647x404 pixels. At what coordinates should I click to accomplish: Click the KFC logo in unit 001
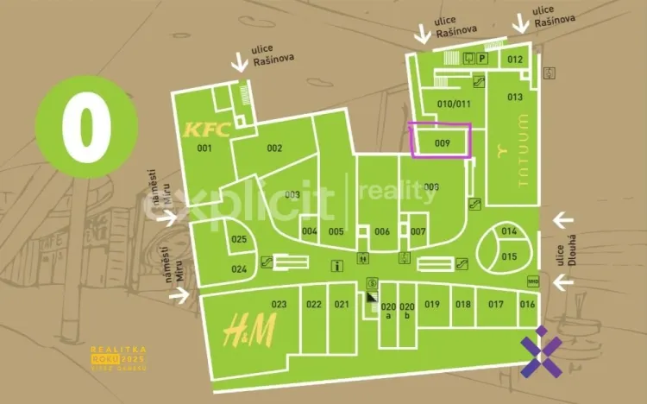pyautogui.click(x=206, y=130)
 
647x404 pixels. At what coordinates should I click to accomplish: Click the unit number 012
pyautogui.click(x=514, y=60)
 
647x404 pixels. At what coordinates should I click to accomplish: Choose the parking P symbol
pyautogui.click(x=483, y=59)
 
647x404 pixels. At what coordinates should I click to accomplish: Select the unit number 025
pyautogui.click(x=239, y=239)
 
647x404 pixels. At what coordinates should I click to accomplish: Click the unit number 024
pyautogui.click(x=239, y=269)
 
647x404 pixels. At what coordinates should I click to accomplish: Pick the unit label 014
pyautogui.click(x=509, y=231)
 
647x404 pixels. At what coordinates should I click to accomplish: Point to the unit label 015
pyautogui.click(x=509, y=256)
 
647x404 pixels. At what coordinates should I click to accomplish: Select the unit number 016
pyautogui.click(x=527, y=304)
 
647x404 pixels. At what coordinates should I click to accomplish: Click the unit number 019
pyautogui.click(x=432, y=304)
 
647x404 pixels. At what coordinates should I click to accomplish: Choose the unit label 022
pyautogui.click(x=313, y=304)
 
